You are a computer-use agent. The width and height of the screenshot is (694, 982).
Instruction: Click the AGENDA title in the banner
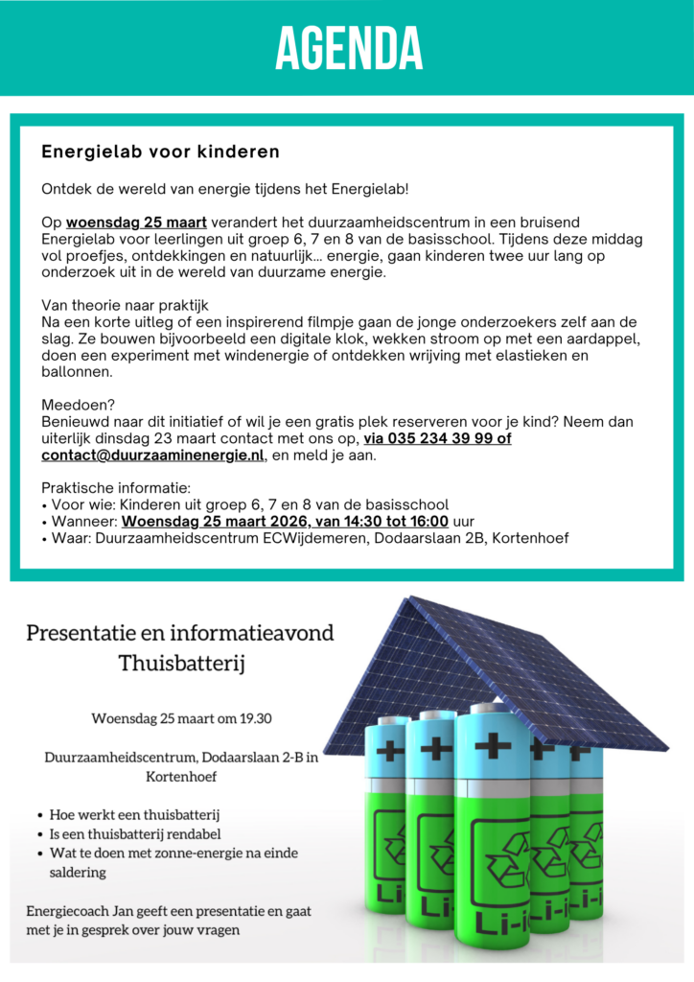(348, 48)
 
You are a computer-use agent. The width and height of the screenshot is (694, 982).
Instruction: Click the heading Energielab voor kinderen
(160, 152)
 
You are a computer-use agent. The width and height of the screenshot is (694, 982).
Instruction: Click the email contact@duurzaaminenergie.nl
(152, 455)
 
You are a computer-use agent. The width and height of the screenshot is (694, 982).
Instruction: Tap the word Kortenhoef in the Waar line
(530, 538)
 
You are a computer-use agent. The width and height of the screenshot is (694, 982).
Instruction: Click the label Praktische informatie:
(116, 488)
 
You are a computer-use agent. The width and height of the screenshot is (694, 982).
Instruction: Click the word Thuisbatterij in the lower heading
(179, 663)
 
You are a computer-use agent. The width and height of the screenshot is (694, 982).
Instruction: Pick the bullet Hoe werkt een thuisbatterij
(135, 814)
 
